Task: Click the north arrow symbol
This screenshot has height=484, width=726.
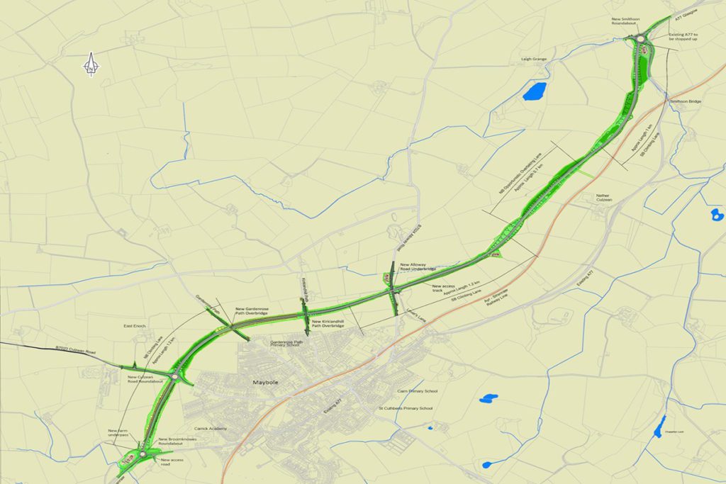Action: (91, 64)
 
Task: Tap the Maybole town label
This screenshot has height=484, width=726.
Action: (263, 383)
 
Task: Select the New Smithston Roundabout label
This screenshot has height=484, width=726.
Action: (626, 21)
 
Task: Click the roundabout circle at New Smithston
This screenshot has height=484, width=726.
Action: (641, 40)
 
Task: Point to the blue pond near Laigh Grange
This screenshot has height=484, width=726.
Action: (535, 91)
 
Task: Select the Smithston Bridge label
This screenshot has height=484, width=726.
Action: (686, 102)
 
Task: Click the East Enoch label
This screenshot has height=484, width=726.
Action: (134, 326)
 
